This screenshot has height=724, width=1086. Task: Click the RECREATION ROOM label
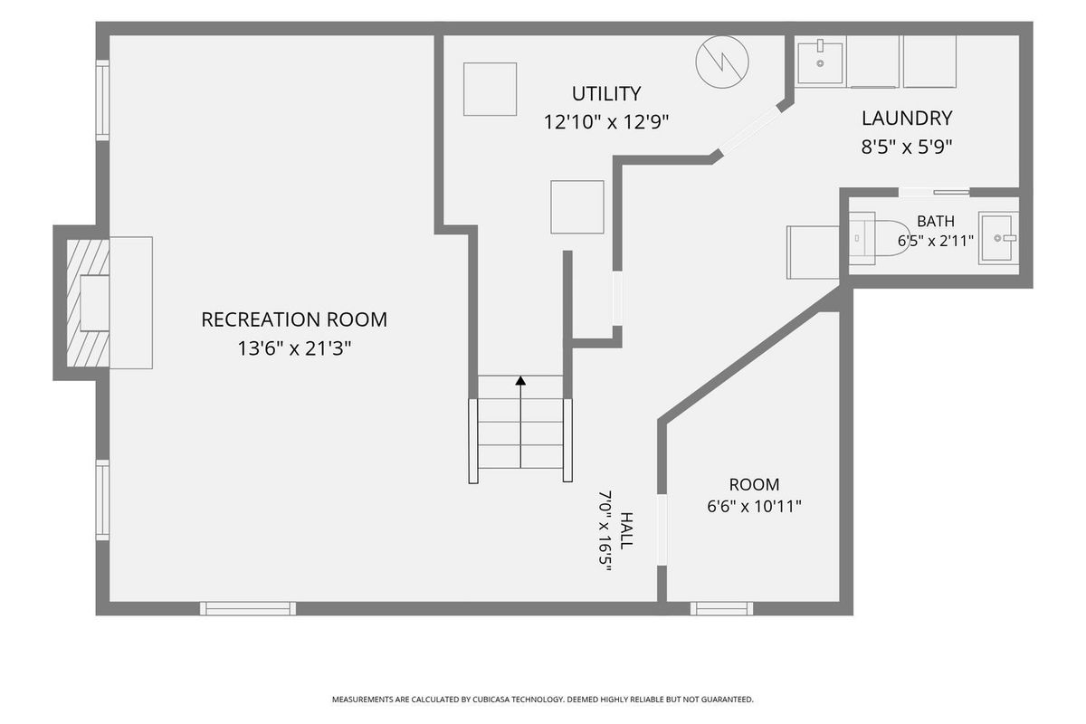point(294,320)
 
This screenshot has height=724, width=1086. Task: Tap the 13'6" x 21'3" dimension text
point(294,348)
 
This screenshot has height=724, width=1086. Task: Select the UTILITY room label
point(606,93)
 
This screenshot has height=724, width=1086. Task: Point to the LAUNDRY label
point(907,119)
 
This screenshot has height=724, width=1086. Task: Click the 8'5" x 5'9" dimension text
point(907,147)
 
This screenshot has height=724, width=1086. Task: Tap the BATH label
point(936,221)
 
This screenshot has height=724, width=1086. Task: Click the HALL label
point(626,530)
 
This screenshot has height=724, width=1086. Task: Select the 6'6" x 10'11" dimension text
point(755,507)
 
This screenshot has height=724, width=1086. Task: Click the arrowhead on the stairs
point(520,381)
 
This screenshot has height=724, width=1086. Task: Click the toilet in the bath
point(879,238)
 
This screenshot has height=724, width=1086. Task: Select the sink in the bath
point(997,238)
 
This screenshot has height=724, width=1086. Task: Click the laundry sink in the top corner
point(820,62)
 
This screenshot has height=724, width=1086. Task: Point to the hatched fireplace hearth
point(87,303)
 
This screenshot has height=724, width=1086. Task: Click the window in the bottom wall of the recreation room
point(248,608)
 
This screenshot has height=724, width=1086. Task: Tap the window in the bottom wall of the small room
point(722,608)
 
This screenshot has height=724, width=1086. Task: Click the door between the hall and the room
point(662,530)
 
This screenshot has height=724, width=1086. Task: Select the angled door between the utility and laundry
point(750,130)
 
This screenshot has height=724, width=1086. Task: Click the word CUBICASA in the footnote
point(491,700)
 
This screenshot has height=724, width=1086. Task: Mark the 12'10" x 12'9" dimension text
point(606,121)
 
